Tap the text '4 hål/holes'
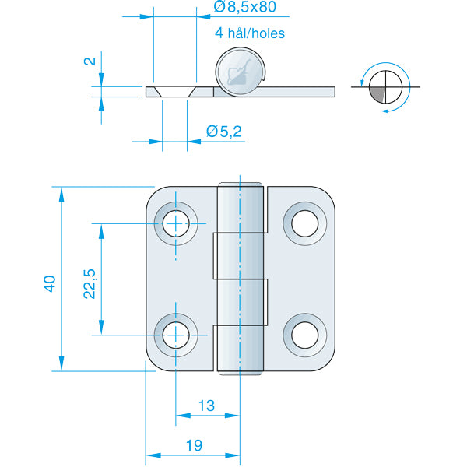[x=249, y=33]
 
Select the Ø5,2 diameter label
[x=224, y=132]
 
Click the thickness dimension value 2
[x=90, y=61]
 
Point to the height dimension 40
[x=50, y=283]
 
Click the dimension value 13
[x=206, y=406]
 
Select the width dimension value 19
[x=194, y=445]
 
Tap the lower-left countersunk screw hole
[x=177, y=335]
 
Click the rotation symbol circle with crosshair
[x=386, y=86]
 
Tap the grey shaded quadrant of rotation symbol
[x=379, y=94]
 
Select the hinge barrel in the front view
[x=240, y=280]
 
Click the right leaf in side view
[x=300, y=91]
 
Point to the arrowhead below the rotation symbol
[x=384, y=111]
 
